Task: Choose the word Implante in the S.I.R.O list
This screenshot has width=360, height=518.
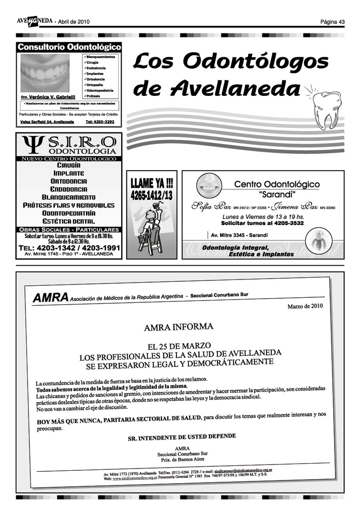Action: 69,173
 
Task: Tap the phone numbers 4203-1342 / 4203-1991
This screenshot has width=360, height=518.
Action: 69,248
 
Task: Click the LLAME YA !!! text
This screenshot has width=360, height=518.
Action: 152,183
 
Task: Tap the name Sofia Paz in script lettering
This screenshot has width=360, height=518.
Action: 211,207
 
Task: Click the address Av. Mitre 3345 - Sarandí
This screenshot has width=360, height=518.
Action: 239,235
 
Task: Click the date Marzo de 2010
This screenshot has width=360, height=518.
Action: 305,306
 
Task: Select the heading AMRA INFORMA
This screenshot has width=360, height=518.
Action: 178,327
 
